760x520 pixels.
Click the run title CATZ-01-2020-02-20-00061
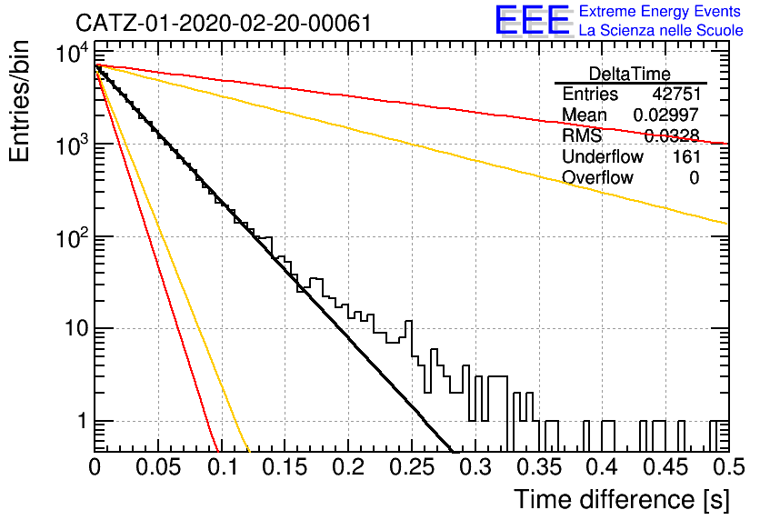click(x=224, y=23)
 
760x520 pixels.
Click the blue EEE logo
click(x=533, y=20)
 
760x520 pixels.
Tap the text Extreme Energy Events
click(x=660, y=11)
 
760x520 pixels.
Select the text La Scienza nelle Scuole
click(x=661, y=30)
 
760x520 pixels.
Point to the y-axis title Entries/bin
click(x=19, y=101)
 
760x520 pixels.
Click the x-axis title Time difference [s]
click(x=622, y=499)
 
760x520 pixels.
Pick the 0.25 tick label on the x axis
click(x=412, y=467)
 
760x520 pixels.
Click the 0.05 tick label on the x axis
click(x=158, y=467)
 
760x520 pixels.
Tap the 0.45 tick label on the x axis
click(x=666, y=467)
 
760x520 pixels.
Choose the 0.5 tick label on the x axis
click(x=728, y=467)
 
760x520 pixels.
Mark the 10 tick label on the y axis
click(x=76, y=328)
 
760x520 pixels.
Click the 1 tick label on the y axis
click(x=82, y=421)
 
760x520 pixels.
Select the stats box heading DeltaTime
click(x=630, y=74)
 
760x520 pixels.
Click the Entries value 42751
click(x=676, y=94)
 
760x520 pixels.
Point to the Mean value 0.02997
click(x=666, y=115)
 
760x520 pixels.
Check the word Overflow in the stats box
click(x=597, y=177)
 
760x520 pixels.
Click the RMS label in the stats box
click(x=582, y=135)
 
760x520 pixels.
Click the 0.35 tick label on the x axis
click(x=539, y=467)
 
